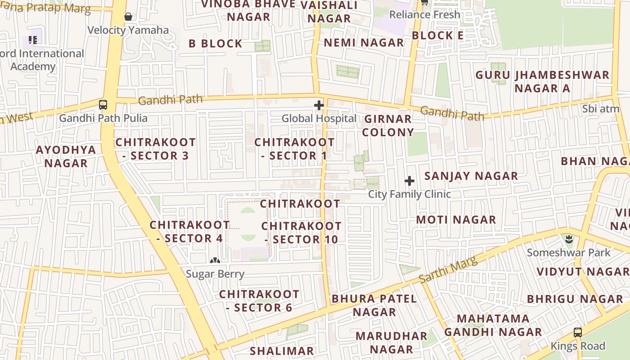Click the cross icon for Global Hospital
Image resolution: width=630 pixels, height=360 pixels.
pos(319,106)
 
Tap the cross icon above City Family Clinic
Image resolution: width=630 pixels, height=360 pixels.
pos(409,181)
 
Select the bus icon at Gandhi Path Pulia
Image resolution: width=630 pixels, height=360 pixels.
pos(103,105)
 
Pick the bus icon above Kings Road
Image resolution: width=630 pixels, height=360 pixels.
pos(578,333)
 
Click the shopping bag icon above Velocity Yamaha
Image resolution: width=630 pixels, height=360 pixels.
pos(128,17)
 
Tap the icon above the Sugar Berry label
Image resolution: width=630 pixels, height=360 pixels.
pos(215,260)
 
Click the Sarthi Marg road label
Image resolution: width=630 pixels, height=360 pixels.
pos(448,270)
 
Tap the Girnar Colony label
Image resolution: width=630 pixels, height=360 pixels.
pos(388,126)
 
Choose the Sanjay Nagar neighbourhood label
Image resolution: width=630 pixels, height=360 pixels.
pos(471,176)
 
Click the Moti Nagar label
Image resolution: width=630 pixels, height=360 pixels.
pos(456,220)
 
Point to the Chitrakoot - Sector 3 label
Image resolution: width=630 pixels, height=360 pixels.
pos(156,149)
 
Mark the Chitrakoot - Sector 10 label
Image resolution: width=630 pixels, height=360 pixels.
pos(301,233)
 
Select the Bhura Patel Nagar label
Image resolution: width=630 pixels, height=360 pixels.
pos(374,305)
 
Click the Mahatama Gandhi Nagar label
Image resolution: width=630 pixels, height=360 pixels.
pos(493,325)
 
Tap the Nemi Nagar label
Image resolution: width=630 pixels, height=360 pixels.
pos(364,43)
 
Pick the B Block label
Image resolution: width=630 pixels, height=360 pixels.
pos(216,44)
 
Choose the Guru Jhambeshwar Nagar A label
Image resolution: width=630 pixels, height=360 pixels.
pos(542,81)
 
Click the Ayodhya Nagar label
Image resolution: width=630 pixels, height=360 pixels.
pos(66,156)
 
